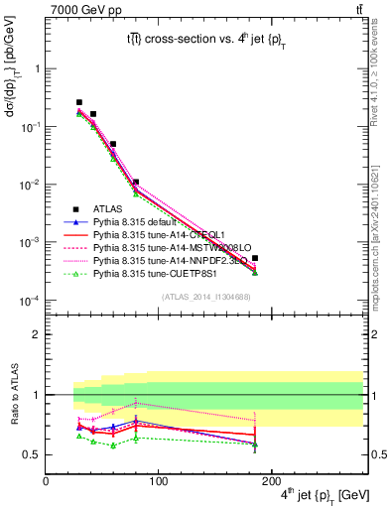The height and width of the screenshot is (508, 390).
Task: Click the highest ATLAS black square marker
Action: tap(79, 102)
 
